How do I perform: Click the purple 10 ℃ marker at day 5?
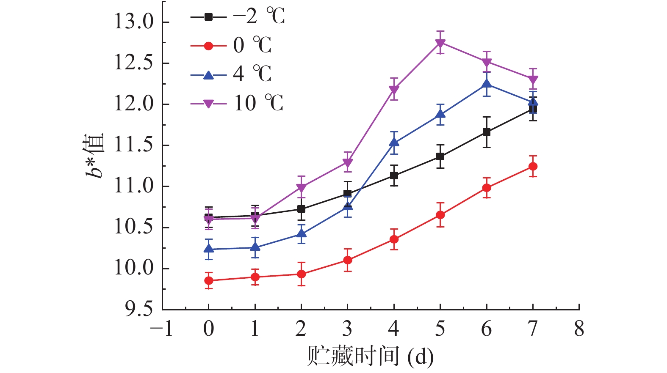click(440, 43)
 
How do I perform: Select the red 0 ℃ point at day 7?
click(533, 167)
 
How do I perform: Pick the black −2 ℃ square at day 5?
click(440, 156)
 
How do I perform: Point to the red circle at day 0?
click(209, 280)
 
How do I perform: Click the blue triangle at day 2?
click(301, 233)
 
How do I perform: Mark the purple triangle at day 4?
click(394, 90)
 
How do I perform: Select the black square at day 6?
click(487, 132)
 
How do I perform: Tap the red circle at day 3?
click(348, 260)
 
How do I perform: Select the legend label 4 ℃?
click(252, 74)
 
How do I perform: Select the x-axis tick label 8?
click(579, 329)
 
